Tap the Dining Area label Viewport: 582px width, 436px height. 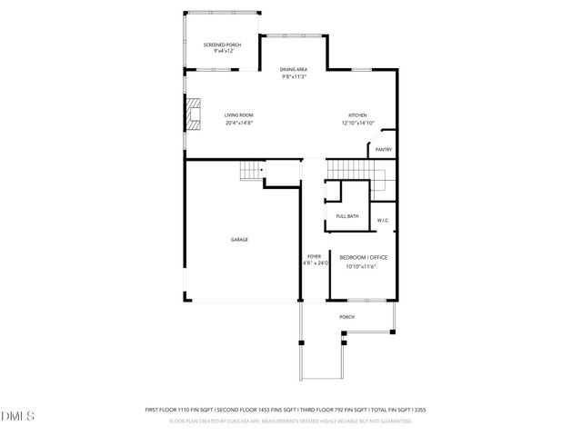click(x=292, y=69)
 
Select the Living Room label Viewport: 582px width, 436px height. click(x=239, y=115)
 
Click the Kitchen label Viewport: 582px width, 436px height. click(x=357, y=115)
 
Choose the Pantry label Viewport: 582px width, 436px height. click(x=383, y=149)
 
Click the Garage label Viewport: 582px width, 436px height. click(x=239, y=239)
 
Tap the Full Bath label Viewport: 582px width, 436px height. click(x=346, y=216)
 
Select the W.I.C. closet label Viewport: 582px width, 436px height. click(x=383, y=220)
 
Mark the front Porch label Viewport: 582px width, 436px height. click(x=346, y=316)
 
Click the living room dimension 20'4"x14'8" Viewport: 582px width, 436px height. click(x=239, y=123)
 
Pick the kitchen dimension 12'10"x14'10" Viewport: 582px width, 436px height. click(x=357, y=123)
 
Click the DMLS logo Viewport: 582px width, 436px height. click(x=18, y=415)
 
